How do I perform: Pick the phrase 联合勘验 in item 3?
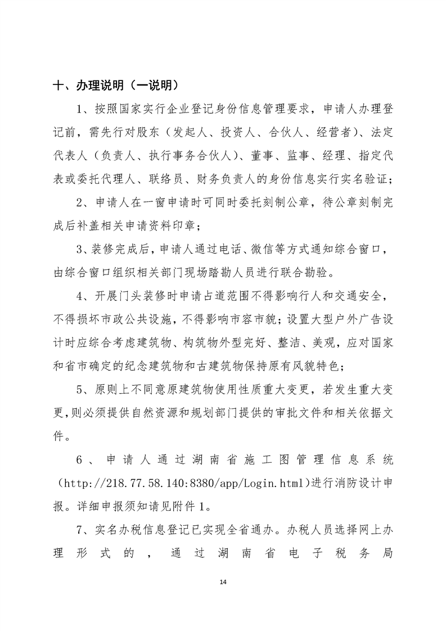click(307, 274)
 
